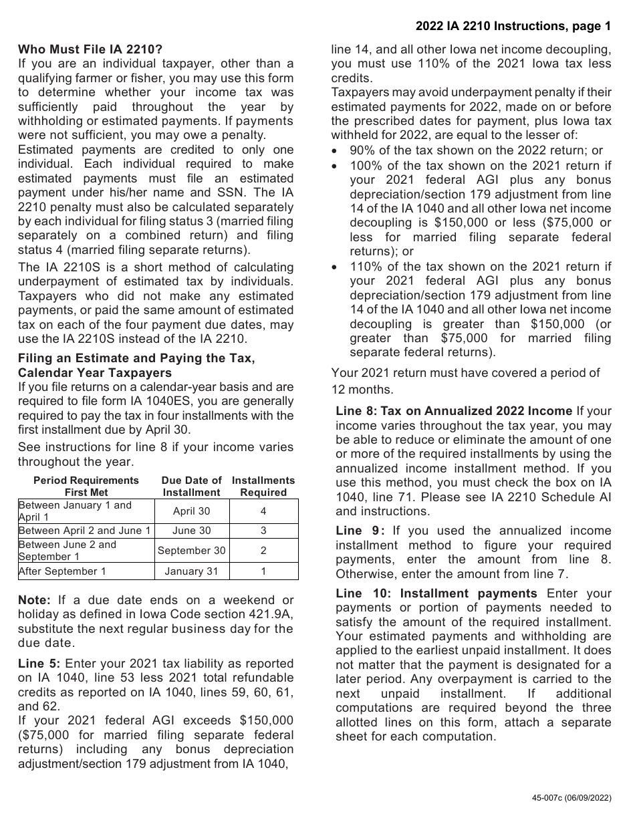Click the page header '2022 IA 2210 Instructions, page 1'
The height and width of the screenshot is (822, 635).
coord(513,27)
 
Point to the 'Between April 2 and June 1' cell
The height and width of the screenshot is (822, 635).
coord(85,531)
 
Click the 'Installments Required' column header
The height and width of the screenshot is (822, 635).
coord(263,487)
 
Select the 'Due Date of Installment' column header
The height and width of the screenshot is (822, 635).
coord(191,487)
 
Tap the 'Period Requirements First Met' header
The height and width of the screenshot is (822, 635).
coord(86,487)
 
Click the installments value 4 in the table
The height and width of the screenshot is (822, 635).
coord(263,511)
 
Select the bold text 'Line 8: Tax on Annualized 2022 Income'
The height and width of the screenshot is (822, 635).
coord(453,411)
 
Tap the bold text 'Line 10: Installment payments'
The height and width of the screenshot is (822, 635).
coord(436,593)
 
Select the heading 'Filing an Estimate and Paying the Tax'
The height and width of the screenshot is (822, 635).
coord(136,358)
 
